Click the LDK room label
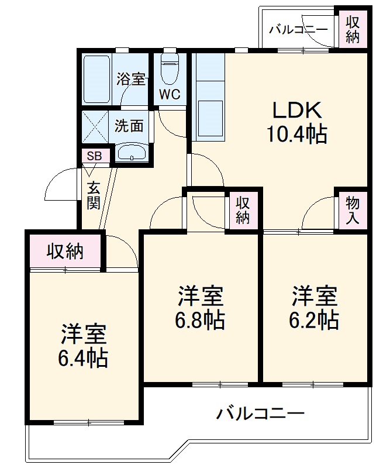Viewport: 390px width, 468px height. click(296, 111)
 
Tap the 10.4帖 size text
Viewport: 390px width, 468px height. click(296, 136)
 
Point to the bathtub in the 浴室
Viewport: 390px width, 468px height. click(96, 80)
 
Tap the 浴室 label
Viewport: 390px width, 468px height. click(130, 79)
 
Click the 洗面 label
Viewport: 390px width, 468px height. click(129, 126)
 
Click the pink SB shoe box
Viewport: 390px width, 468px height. click(94, 156)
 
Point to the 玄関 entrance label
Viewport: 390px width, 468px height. click(94, 195)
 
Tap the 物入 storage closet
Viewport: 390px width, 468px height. click(353, 211)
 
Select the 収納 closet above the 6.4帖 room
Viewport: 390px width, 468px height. click(65, 252)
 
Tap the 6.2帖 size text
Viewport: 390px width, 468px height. click(315, 320)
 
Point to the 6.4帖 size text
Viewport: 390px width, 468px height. click(83, 357)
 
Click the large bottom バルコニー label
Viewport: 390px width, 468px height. click(261, 414)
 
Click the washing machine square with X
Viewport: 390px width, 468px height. click(95, 126)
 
